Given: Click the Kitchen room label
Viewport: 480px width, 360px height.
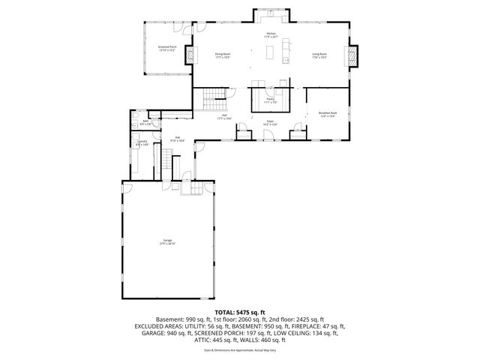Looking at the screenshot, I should [x=271, y=34].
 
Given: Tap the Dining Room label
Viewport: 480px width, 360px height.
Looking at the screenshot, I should [x=223, y=54].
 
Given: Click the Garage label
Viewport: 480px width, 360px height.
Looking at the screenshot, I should [x=167, y=240].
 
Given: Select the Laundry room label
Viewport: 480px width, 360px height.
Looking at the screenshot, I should [x=142, y=140].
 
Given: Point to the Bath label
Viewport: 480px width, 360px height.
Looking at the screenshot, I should [x=144, y=121].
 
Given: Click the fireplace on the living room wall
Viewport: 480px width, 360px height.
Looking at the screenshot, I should [x=352, y=56].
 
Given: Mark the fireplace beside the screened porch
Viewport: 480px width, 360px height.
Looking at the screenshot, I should [x=190, y=56].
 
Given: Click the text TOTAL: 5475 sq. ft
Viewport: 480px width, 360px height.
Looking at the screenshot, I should [x=239, y=310].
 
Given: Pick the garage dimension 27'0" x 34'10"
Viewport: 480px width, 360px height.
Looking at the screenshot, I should [x=167, y=244].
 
